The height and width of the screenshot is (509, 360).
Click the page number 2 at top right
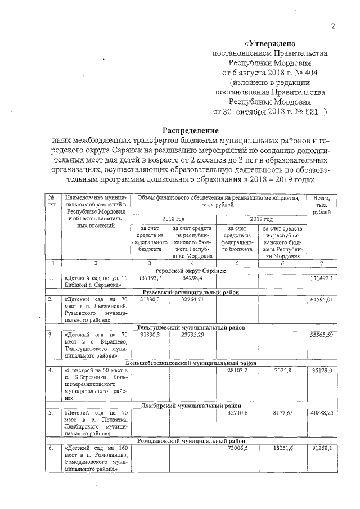coord(333,26)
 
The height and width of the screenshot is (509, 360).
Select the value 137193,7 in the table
coord(149,278)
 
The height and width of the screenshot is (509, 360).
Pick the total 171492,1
coord(321,278)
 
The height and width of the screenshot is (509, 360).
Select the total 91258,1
coord(321,448)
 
